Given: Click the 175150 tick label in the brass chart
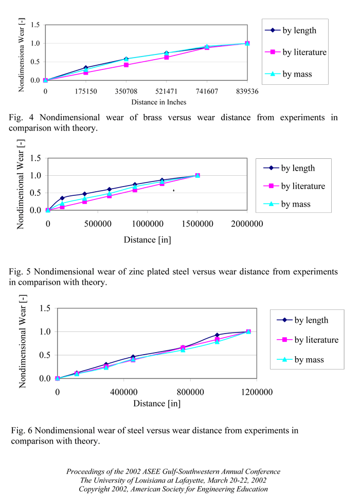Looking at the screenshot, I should tap(86, 91).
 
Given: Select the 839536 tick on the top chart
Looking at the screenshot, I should tap(247, 91).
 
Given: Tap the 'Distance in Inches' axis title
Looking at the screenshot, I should tap(158, 102).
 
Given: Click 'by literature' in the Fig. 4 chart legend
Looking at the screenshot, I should tap(304, 52).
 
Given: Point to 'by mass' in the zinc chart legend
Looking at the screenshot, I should tap(296, 204).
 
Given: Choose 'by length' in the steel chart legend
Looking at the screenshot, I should tap(311, 320).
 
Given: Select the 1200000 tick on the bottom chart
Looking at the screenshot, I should tap(248, 392).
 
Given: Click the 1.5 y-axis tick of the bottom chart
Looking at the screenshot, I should tap(45, 308).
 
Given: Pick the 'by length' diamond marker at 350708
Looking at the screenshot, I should tap(126, 59).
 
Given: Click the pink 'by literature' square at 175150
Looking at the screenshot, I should tap(86, 72).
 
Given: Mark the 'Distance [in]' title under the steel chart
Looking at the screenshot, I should tap(157, 403).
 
